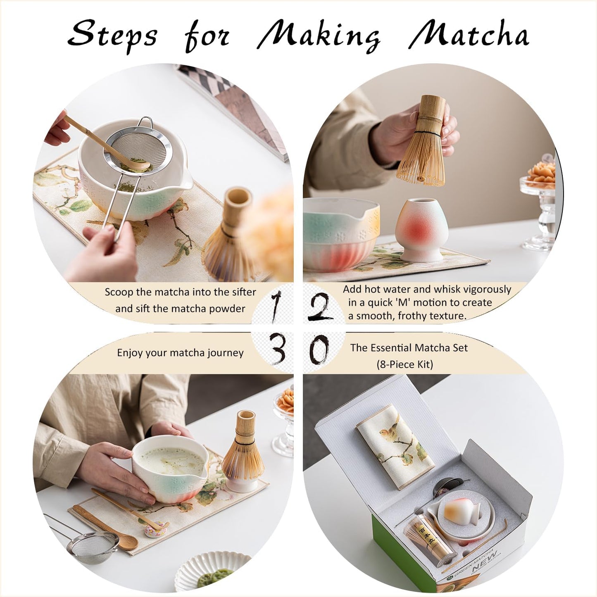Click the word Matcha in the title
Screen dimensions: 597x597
click(469, 35)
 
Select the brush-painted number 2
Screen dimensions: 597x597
click(320, 308)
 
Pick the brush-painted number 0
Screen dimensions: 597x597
click(319, 349)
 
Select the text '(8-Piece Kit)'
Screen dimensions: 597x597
click(404, 364)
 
